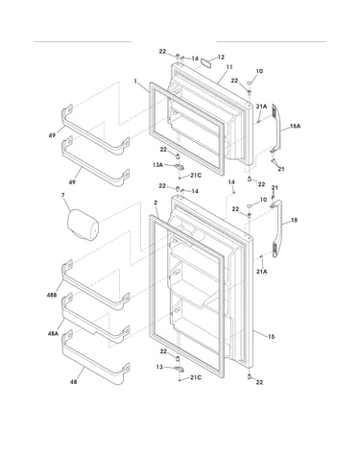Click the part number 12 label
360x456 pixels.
[221, 58]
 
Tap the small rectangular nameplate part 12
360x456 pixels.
[206, 61]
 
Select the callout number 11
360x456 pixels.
[229, 67]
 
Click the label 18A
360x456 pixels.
[295, 127]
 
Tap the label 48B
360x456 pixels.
[52, 295]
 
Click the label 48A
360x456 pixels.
[53, 333]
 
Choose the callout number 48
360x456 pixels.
[73, 382]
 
